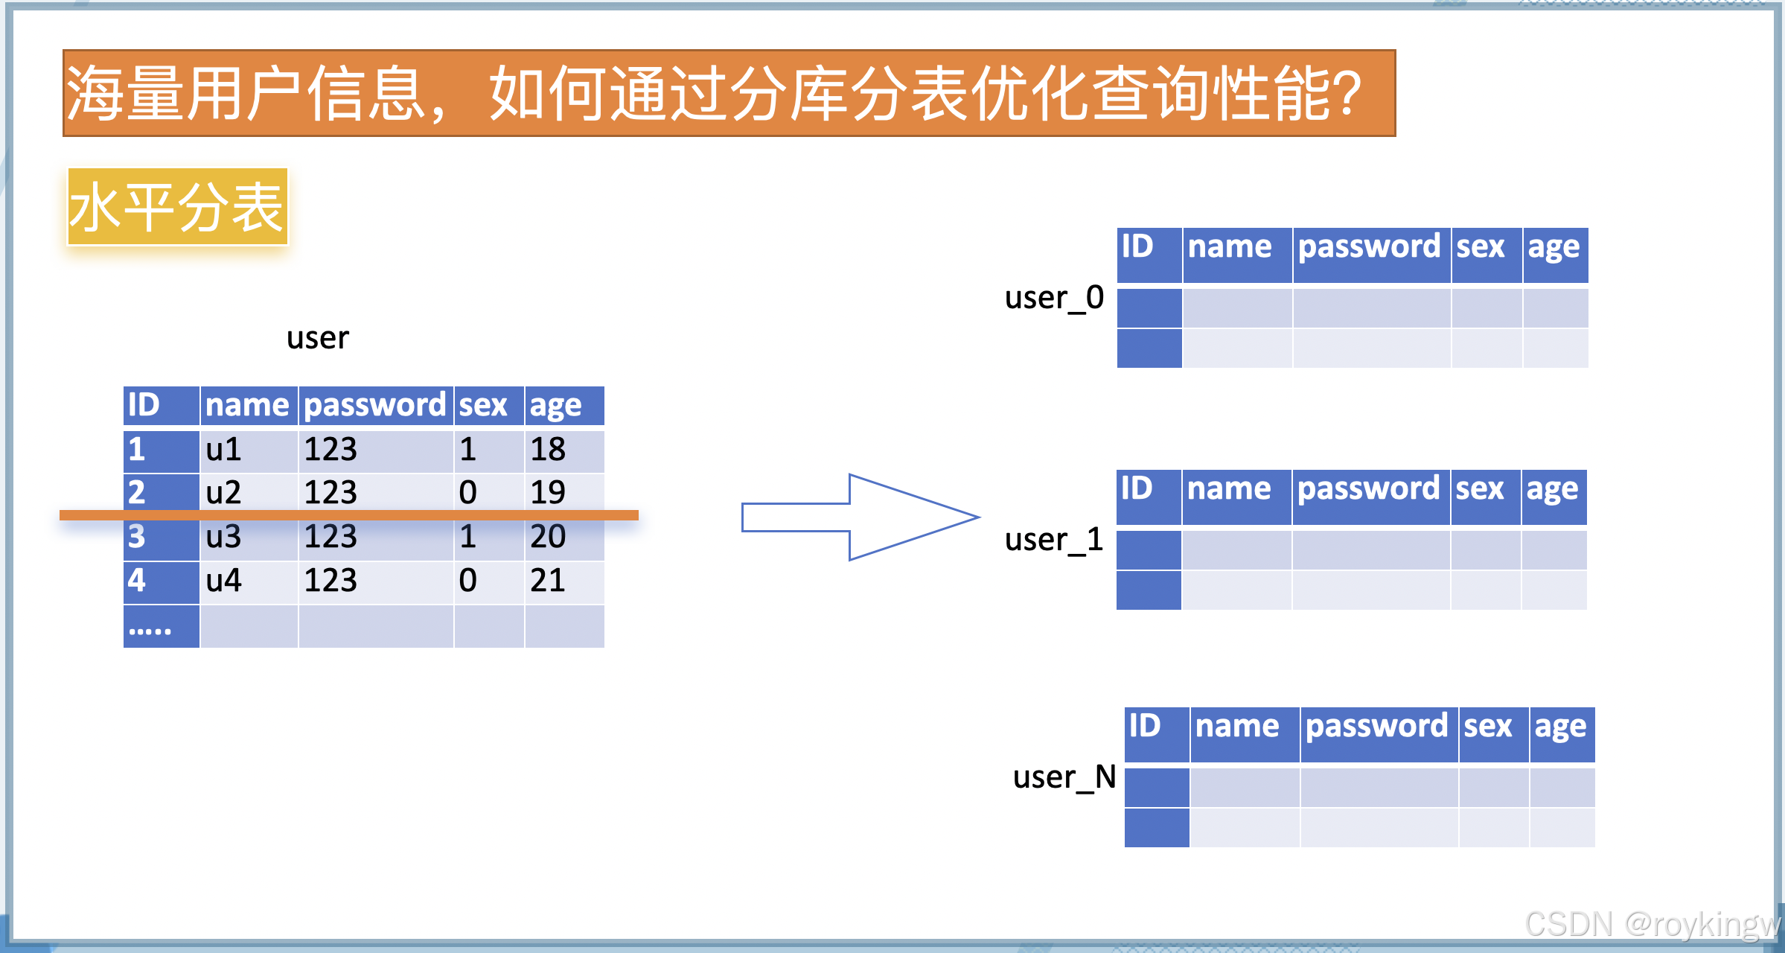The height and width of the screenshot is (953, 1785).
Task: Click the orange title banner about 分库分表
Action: (x=729, y=93)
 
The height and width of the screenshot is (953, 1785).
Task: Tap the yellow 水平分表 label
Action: (x=177, y=207)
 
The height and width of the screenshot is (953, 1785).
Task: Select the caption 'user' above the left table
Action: (x=317, y=338)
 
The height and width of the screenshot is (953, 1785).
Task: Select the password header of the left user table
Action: (x=375, y=406)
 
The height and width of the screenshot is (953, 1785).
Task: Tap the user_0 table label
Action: (x=1054, y=298)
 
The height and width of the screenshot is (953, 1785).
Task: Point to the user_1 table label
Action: (x=1054, y=540)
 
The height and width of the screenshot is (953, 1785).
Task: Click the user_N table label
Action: (x=1064, y=777)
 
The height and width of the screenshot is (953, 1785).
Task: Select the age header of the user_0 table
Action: (x=1554, y=248)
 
